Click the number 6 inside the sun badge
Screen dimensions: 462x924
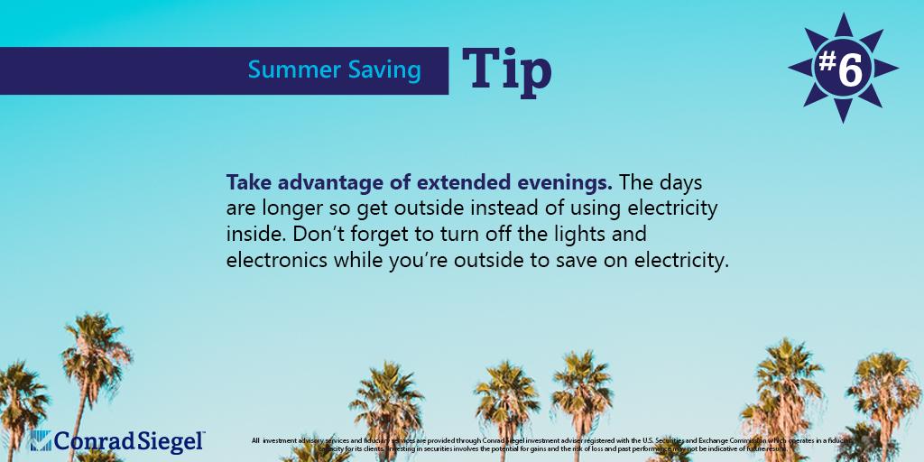coord(850,71)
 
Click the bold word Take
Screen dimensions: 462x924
coord(247,183)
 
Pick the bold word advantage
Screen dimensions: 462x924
coord(328,183)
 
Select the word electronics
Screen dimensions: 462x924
coord(276,261)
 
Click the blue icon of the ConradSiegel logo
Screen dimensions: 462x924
coord(42,440)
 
